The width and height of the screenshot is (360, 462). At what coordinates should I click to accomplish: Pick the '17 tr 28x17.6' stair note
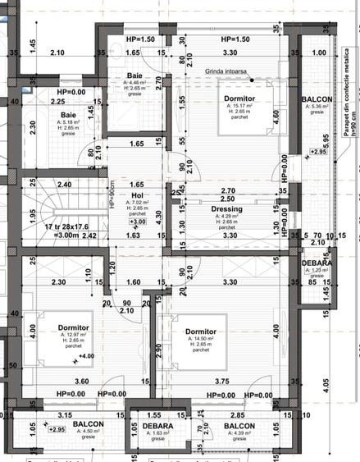click(52, 226)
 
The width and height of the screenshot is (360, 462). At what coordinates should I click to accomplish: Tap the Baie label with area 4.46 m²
click(134, 75)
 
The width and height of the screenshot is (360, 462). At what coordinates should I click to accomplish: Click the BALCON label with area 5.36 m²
click(317, 98)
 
